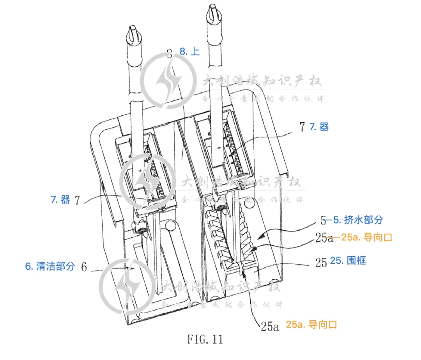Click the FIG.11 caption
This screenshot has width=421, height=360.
click(205, 339)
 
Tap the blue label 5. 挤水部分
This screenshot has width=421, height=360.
click(358, 220)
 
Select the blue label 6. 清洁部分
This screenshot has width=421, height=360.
click(50, 266)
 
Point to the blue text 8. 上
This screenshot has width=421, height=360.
click(189, 51)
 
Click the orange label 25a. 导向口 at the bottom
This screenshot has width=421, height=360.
click(311, 324)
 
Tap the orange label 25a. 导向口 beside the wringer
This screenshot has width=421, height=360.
click(366, 237)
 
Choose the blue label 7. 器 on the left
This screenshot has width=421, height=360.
click(60, 199)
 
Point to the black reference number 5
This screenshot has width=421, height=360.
click(323, 221)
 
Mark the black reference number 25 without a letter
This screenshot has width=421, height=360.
click(321, 263)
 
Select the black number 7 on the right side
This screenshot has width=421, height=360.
click(302, 127)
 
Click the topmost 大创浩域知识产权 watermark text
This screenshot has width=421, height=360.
click(262, 81)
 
